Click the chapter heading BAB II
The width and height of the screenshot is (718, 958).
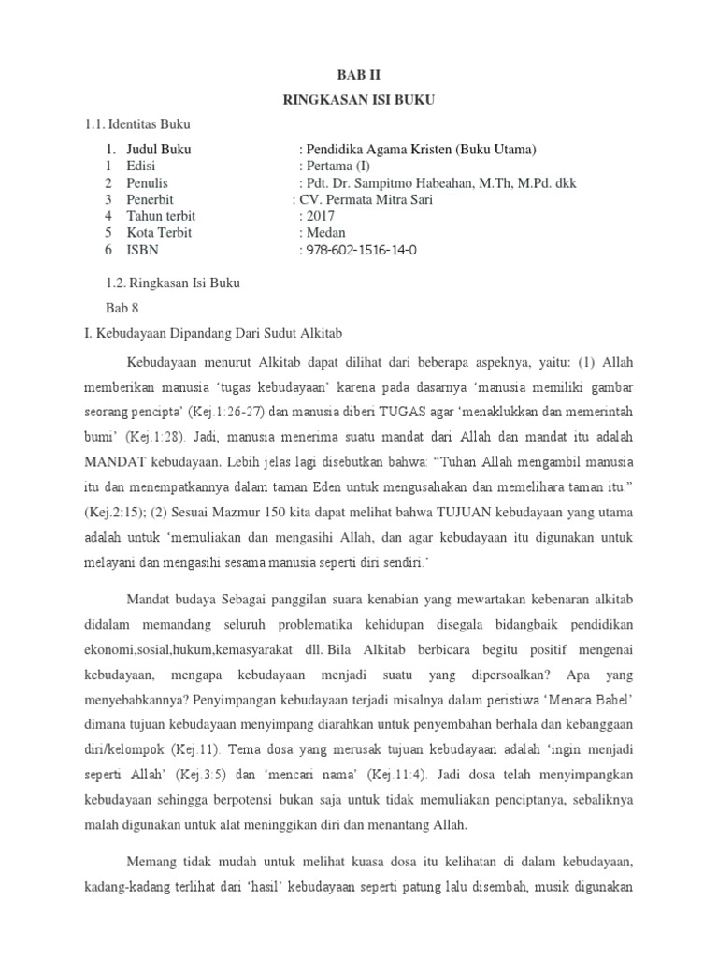click(x=359, y=75)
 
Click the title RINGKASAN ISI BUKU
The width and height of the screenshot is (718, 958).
click(x=359, y=98)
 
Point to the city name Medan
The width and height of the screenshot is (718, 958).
click(x=324, y=233)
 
